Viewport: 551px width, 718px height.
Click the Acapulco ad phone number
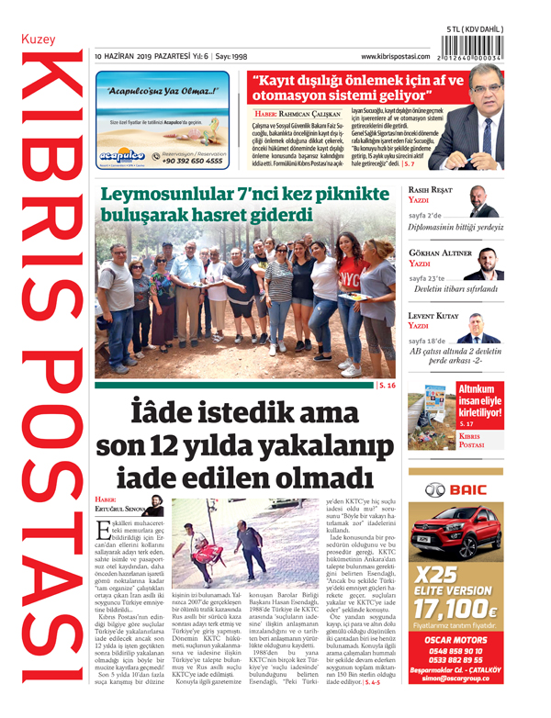[x=194, y=161]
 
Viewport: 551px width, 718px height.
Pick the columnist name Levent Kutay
[x=432, y=315]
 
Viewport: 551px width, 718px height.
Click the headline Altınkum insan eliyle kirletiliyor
[x=483, y=401]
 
